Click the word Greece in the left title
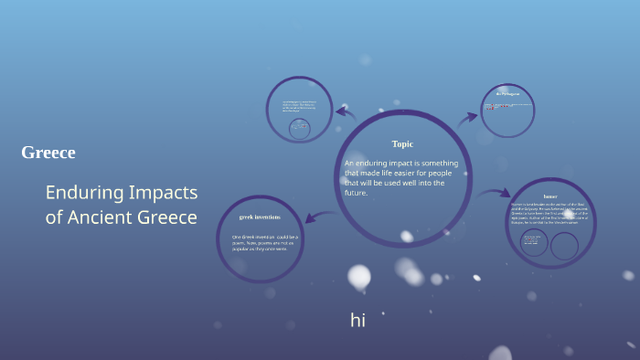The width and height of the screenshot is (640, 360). (48, 153)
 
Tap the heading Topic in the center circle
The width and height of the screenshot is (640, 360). (402, 143)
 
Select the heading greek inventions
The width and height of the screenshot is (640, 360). (260, 217)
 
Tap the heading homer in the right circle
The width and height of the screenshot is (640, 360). (549, 196)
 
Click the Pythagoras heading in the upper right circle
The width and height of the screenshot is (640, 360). (507, 93)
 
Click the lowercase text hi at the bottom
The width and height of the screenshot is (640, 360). (357, 320)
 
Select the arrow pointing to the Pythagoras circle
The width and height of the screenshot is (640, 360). (468, 116)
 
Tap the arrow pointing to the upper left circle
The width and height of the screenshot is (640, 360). (346, 113)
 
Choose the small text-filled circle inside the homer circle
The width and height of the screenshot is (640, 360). (533, 243)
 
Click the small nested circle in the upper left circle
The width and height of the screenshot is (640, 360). (298, 128)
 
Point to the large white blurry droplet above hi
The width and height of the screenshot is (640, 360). (359, 276)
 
